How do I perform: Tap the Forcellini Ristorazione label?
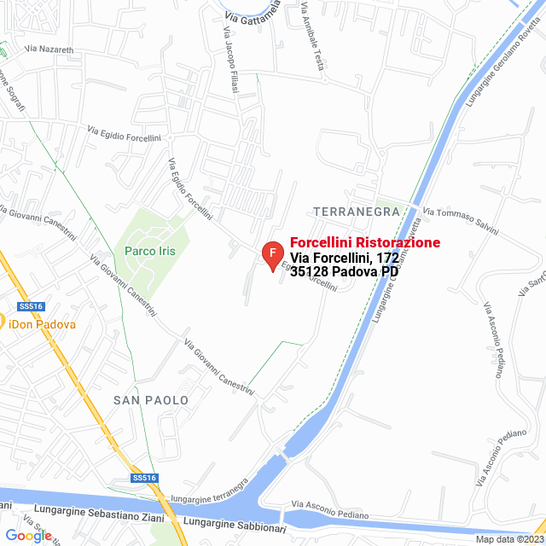(x=365, y=243)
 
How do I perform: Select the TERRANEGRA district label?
(x=357, y=211)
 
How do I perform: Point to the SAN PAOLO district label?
(x=150, y=399)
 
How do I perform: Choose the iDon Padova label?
(x=42, y=324)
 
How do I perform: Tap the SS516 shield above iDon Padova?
(x=30, y=306)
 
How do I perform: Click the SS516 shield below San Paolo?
(x=144, y=479)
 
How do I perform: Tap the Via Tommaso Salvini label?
(x=462, y=218)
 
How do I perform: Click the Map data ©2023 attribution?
(x=508, y=539)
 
